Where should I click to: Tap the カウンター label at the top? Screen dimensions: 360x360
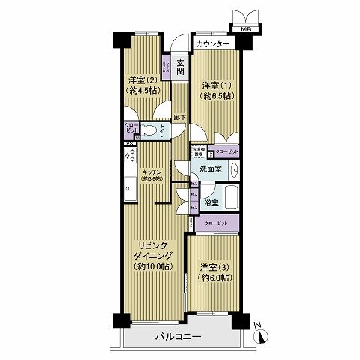pyautogui.click(x=214, y=45)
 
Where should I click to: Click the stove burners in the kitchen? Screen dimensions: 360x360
pyautogui.click(x=129, y=158)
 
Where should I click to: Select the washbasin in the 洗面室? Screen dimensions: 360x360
pyautogui.click(x=233, y=169)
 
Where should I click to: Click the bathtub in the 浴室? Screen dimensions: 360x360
pyautogui.click(x=231, y=202)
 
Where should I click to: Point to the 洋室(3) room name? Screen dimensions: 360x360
pyautogui.click(x=215, y=267)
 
